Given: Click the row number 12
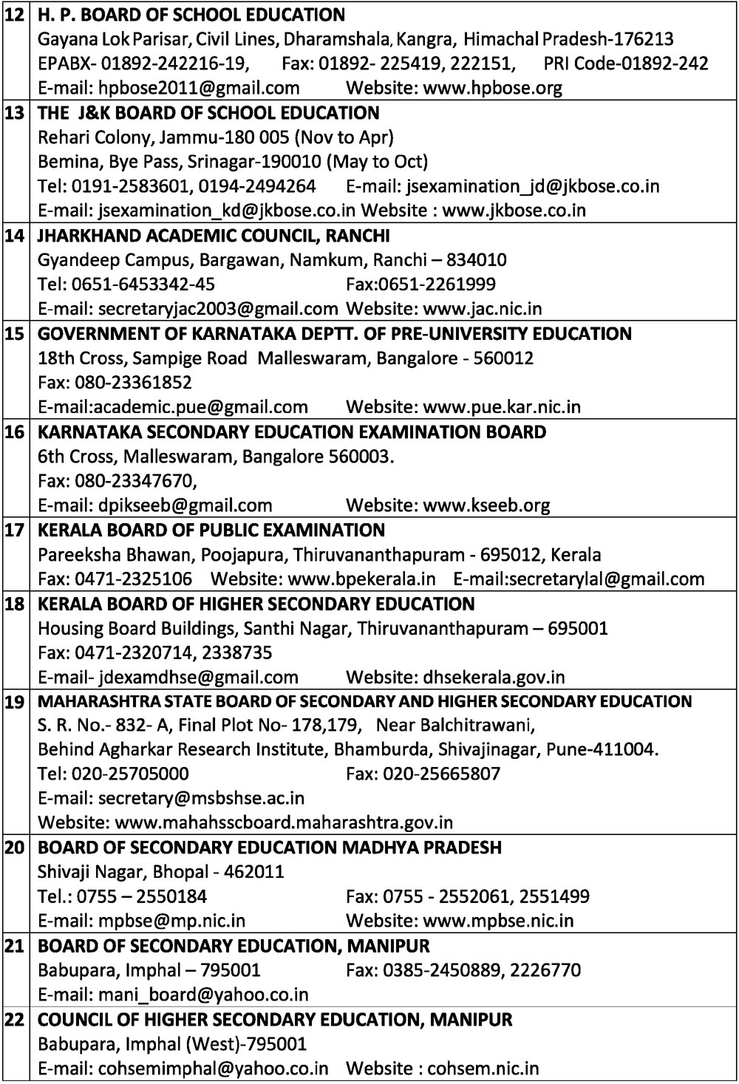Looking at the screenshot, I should point(14,15).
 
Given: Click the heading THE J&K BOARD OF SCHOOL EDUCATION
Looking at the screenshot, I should point(208,113).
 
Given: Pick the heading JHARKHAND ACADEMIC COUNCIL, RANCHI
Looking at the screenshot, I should point(214,236).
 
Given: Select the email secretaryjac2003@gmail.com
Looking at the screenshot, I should point(218,309).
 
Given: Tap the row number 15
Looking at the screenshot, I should point(14,334).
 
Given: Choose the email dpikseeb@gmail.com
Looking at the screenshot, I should point(185,505).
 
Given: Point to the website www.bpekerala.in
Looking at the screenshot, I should point(361,579).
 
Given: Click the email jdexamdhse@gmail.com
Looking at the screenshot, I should point(198,678).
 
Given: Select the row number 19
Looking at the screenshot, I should point(14,702).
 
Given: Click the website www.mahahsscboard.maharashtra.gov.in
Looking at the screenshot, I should point(285,822).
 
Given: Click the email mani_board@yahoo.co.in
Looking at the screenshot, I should point(203,995).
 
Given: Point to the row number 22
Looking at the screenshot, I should point(14,1020).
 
